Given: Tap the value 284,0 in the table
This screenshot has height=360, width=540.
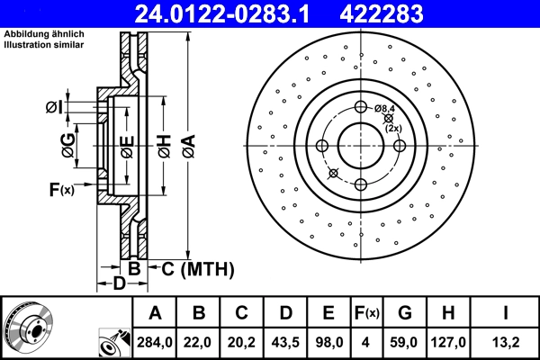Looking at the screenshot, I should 155,342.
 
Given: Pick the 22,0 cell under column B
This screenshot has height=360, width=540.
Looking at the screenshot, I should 199,342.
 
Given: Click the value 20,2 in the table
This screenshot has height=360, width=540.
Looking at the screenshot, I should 242,342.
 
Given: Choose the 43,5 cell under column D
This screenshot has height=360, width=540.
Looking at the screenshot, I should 285,342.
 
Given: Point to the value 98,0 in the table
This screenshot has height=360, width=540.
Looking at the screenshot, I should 328,342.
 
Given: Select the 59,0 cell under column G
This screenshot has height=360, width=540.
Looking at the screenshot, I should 405,342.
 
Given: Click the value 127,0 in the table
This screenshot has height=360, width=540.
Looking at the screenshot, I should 448,342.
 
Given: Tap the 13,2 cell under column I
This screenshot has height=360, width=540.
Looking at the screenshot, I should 506,342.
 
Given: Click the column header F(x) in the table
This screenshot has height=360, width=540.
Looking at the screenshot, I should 367,313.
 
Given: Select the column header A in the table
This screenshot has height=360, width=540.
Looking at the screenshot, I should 155,313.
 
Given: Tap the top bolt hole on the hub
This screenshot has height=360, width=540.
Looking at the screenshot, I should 361,108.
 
